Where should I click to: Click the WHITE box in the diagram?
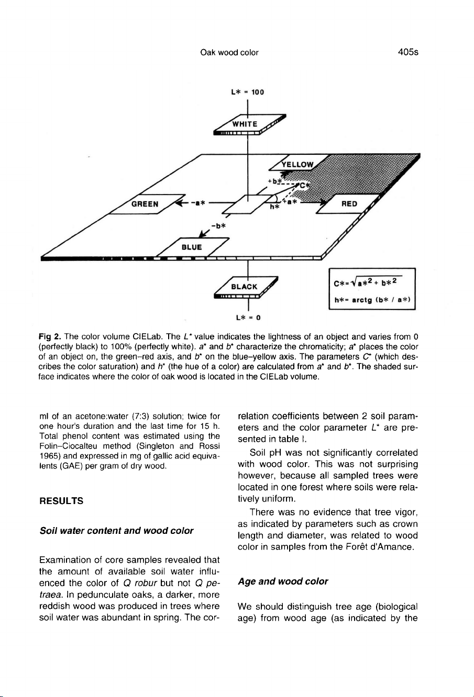click(245, 124)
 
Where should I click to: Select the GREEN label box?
click(145, 204)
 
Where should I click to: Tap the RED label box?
click(349, 204)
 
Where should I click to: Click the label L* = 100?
click(247, 93)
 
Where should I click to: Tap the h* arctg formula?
click(372, 300)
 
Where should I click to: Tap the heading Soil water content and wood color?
click(117, 531)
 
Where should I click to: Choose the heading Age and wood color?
click(283, 581)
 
